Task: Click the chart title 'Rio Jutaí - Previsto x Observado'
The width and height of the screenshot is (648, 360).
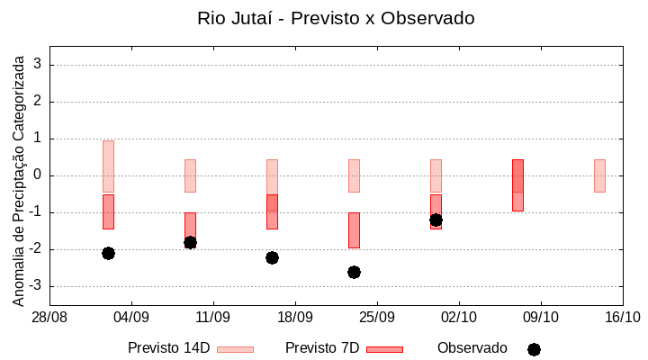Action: coord(336,18)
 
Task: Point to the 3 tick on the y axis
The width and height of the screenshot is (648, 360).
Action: coord(38,65)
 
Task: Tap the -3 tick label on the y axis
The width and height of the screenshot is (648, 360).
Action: coord(35,286)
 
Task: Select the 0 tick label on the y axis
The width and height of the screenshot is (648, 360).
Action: coord(38,175)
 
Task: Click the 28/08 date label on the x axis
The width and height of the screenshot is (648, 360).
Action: coord(49,317)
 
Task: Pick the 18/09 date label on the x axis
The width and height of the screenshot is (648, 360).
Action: coord(295,317)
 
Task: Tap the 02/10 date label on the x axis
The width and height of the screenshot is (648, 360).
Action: coord(459,317)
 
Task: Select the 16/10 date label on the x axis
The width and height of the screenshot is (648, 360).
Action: coord(622,317)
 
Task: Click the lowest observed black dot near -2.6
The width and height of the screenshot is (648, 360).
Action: coord(354,272)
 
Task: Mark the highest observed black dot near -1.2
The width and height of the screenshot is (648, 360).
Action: coord(436,220)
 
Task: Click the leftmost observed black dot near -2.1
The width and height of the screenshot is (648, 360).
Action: coord(108,253)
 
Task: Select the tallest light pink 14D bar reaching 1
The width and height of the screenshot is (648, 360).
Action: coord(108,166)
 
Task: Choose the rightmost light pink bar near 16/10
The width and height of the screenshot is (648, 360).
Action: coord(599,175)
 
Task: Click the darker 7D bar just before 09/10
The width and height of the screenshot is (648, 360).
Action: coord(517,184)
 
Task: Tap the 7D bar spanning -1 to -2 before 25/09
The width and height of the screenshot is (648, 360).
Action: coord(354,230)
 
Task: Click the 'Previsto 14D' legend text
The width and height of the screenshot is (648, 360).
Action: coord(169,347)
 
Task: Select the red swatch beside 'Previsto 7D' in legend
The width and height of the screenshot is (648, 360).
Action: coord(384,348)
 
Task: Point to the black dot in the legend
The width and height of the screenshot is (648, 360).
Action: coord(534,349)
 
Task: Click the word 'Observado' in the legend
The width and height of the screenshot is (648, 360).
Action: coord(472,347)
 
